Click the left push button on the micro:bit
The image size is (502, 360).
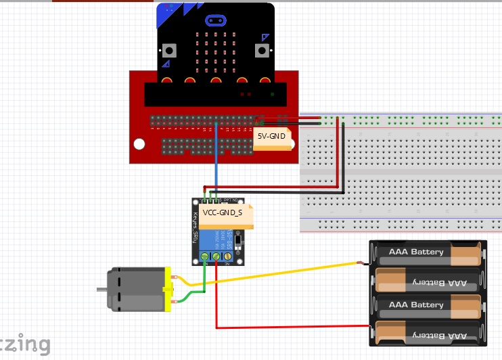point(168,50)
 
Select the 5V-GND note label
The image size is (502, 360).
point(273,136)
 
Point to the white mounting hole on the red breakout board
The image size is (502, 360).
point(139,144)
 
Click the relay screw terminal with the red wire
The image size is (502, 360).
point(216,256)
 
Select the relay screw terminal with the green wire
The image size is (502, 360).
point(205,256)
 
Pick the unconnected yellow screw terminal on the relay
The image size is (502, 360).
point(229,256)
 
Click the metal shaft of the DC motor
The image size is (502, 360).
point(101,290)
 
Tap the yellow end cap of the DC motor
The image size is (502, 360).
point(168,290)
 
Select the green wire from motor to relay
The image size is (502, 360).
point(197,292)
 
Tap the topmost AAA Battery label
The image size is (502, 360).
point(416,252)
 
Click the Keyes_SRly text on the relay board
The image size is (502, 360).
point(196,227)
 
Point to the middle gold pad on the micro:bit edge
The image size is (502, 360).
point(216,82)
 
